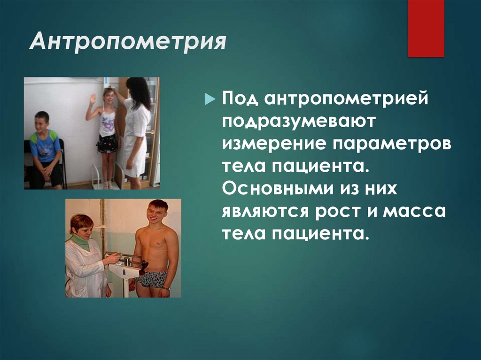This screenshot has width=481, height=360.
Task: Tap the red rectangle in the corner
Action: [x=426, y=28]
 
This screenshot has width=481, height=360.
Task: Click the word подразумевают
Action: [x=299, y=122]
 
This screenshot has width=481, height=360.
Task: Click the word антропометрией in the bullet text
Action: [x=346, y=100]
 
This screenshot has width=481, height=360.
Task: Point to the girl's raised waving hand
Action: [x=93, y=99]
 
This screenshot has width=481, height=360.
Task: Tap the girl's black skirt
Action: [x=107, y=144]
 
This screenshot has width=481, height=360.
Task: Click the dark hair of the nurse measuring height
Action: [x=137, y=92]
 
